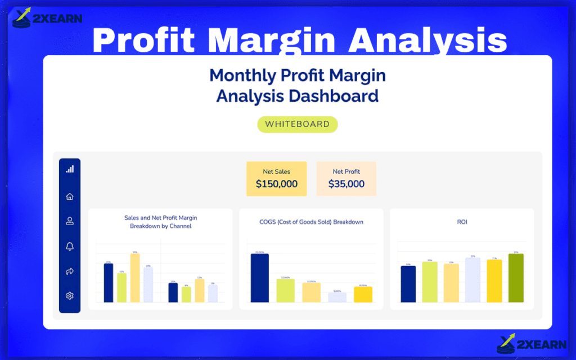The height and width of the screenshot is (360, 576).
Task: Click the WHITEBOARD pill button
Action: tap(297, 124)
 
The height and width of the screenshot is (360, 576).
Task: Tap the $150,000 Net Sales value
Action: tap(277, 184)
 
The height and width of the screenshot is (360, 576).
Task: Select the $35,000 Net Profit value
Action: tap(346, 184)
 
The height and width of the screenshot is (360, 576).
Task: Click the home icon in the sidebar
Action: tap(70, 197)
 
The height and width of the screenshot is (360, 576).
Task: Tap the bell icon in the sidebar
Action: tap(70, 246)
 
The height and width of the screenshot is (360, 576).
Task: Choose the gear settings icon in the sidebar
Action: tap(70, 296)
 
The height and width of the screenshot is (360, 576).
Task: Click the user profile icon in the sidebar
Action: tap(70, 221)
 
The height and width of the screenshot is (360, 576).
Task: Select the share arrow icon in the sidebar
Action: tap(70, 271)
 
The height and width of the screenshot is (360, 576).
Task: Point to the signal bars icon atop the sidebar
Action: tap(70, 169)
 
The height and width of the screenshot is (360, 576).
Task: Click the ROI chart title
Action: tap(462, 222)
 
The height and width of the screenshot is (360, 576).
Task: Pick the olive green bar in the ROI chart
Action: tap(516, 278)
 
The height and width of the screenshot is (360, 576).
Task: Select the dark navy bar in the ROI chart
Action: tap(408, 284)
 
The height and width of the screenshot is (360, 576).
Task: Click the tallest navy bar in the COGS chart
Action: tap(259, 278)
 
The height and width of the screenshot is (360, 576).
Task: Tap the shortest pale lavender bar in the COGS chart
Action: tap(337, 298)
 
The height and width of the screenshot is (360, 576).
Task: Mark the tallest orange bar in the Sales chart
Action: tap(135, 278)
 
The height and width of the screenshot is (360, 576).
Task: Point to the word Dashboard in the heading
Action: tap(333, 96)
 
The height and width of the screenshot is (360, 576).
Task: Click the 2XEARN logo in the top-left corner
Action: tap(47, 17)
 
